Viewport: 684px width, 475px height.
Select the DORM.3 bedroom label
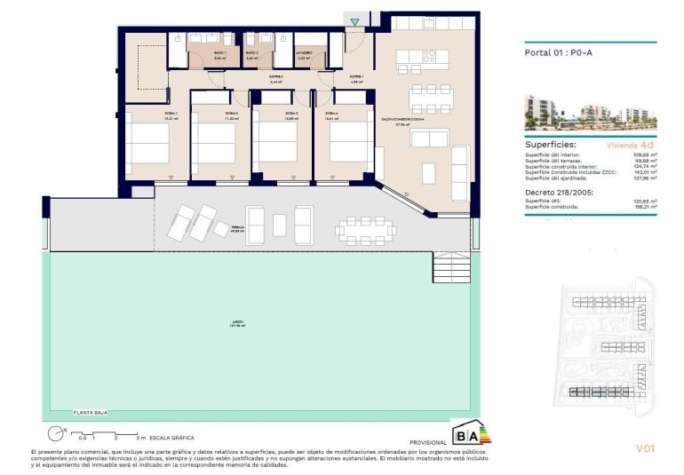(x=290, y=114)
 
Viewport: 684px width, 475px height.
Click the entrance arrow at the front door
(x=355, y=21)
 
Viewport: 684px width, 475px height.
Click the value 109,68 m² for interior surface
(x=644, y=154)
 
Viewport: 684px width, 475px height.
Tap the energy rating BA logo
(x=471, y=434)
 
